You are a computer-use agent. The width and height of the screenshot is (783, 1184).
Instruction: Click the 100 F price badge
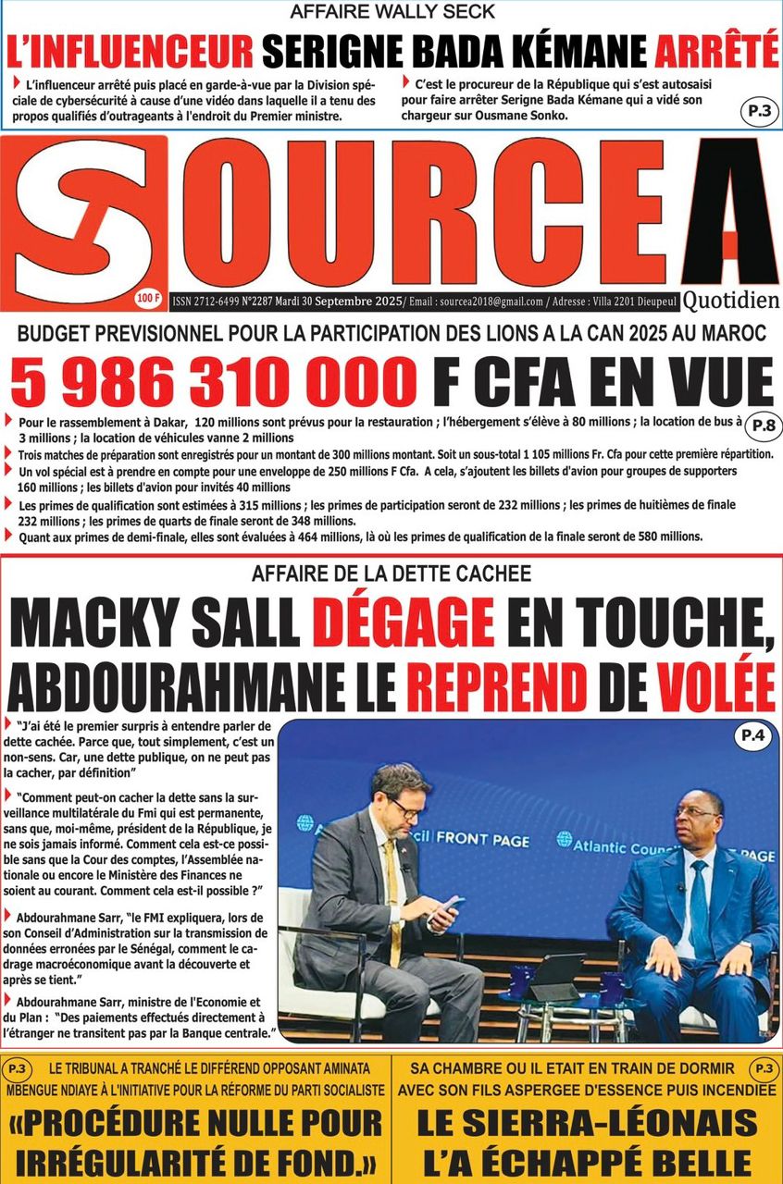point(147,298)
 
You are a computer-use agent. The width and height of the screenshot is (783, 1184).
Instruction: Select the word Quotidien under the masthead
point(731,301)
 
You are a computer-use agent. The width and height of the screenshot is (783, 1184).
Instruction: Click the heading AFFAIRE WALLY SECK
point(391,12)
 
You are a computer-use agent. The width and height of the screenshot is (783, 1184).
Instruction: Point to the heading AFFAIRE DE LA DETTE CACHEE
point(391,573)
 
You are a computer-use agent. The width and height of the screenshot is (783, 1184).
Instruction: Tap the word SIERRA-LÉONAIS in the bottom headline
point(586,1123)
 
